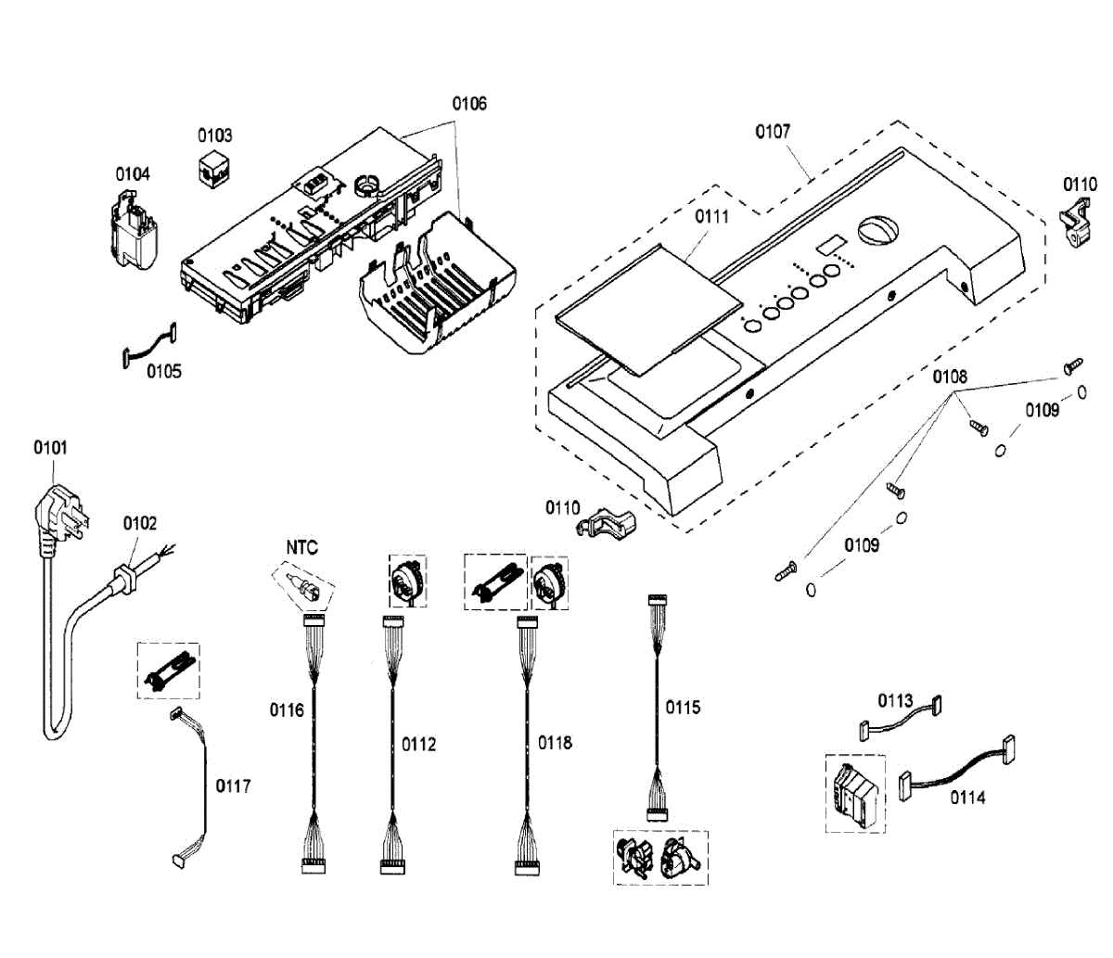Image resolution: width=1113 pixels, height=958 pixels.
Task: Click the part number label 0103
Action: [x=214, y=135]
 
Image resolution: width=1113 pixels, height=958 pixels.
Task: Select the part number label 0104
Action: [x=133, y=174]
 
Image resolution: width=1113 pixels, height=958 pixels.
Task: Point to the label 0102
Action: [x=140, y=524]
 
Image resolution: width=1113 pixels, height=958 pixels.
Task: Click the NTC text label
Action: [x=301, y=548]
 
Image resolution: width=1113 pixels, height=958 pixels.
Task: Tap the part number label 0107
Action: [x=773, y=132]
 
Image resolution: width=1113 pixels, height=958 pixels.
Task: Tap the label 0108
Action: [x=950, y=377]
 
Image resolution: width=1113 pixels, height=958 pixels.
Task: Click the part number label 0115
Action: [x=683, y=708]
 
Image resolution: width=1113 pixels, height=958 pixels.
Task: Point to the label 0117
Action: [x=233, y=786]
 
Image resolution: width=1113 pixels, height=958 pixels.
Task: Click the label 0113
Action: [x=896, y=701]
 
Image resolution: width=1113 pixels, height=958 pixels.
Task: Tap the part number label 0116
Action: [x=287, y=711]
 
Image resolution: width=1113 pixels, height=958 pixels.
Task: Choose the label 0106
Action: [x=469, y=104]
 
